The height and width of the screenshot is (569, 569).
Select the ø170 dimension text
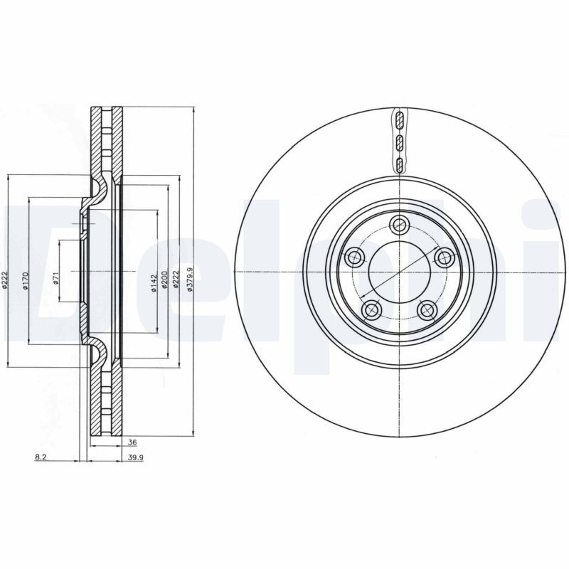[x=25, y=281]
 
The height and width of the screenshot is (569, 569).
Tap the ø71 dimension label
[x=55, y=280]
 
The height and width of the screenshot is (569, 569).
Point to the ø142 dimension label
[x=153, y=282]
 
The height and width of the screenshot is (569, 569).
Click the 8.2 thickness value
[x=41, y=458]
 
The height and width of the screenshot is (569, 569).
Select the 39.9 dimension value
[x=136, y=458]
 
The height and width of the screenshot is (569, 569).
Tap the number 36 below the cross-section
[x=132, y=442]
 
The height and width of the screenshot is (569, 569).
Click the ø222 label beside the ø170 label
[x=5, y=281]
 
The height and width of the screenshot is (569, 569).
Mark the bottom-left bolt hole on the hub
[x=371, y=309]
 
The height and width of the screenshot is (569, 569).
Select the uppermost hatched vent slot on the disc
[x=400, y=119]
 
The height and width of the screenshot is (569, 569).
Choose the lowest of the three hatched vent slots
[x=400, y=166]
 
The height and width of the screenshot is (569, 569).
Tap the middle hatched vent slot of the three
[x=400, y=142]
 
